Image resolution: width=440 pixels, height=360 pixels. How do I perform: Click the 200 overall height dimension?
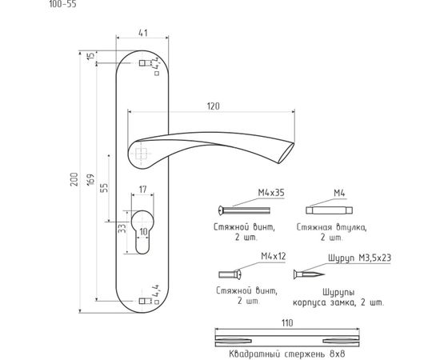pos(74,178)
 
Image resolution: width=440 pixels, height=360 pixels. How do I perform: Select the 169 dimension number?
pos(90,181)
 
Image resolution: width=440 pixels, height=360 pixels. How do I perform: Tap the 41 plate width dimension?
pos(143,33)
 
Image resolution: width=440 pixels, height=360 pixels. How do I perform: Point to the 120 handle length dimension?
pos(214,106)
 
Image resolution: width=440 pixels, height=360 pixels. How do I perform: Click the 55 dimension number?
pos(104,188)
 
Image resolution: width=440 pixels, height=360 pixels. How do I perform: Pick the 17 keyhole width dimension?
pos(143,190)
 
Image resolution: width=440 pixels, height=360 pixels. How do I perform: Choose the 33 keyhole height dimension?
pos(122,228)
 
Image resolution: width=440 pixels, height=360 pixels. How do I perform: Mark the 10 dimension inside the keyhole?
pos(143,232)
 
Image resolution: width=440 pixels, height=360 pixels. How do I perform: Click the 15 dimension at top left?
pos(90,55)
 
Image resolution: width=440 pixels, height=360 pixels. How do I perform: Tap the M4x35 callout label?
pos(271,193)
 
